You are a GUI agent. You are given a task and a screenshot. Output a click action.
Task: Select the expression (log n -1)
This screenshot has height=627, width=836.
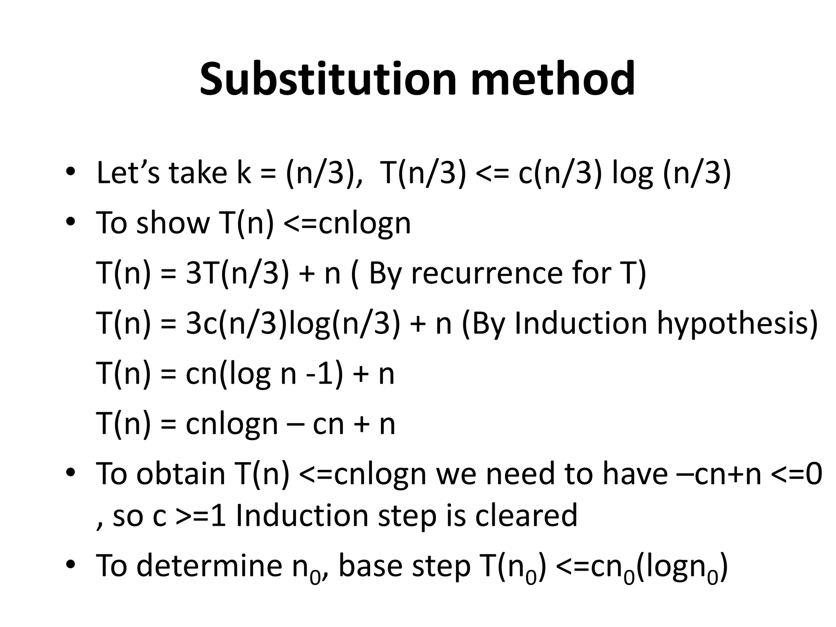coord(281,374)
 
